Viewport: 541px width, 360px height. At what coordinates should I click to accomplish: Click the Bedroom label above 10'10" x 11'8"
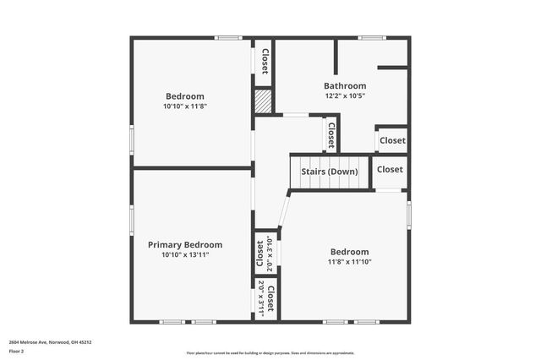pos(184,96)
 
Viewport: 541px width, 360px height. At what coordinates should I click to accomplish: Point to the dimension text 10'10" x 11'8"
pos(184,106)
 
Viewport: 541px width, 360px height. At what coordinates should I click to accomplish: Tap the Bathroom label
pos(345,85)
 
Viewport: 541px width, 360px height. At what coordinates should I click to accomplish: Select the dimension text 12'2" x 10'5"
pos(345,95)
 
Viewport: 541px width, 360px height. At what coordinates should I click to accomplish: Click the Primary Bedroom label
pos(185,244)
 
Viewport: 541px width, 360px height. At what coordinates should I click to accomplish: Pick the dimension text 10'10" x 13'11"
pos(185,254)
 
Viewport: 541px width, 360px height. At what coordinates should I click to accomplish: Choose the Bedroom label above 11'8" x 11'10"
pos(349,252)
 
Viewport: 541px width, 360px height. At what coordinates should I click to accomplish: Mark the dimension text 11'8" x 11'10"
pos(349,262)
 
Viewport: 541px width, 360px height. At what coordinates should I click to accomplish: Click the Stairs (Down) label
pos(330,172)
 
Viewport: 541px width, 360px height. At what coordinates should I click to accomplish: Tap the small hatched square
pos(264,102)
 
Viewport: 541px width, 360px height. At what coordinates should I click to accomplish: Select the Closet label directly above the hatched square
pos(265,61)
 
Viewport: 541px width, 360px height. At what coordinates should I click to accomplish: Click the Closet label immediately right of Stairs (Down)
pos(390,169)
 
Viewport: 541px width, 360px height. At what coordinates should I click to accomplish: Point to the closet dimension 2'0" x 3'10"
pos(269,252)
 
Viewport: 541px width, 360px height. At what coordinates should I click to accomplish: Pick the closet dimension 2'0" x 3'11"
pos(261,299)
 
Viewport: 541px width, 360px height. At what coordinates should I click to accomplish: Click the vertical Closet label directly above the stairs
pos(331,134)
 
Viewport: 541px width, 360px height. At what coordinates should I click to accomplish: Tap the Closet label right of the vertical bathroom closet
pos(391,140)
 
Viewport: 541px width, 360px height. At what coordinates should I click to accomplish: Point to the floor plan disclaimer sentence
pos(270,352)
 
